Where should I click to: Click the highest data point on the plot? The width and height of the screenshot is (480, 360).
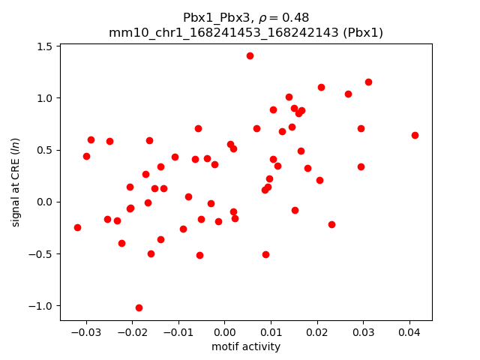click(250, 55)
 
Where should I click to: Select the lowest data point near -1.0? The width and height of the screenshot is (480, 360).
click(139, 307)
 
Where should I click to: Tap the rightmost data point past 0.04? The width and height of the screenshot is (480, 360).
click(415, 135)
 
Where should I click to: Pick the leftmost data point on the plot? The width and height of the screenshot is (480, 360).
click(77, 227)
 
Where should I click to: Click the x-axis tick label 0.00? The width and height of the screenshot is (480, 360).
click(224, 332)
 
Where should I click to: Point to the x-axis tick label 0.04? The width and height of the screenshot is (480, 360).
click(409, 332)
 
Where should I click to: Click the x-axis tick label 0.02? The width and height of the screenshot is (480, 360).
click(316, 332)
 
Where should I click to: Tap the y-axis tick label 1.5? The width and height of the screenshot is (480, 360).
click(44, 46)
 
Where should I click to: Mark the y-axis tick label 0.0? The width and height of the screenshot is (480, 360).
click(44, 202)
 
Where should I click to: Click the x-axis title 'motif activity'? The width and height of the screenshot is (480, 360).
click(246, 346)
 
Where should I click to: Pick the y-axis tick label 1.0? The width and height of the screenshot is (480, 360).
click(44, 98)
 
